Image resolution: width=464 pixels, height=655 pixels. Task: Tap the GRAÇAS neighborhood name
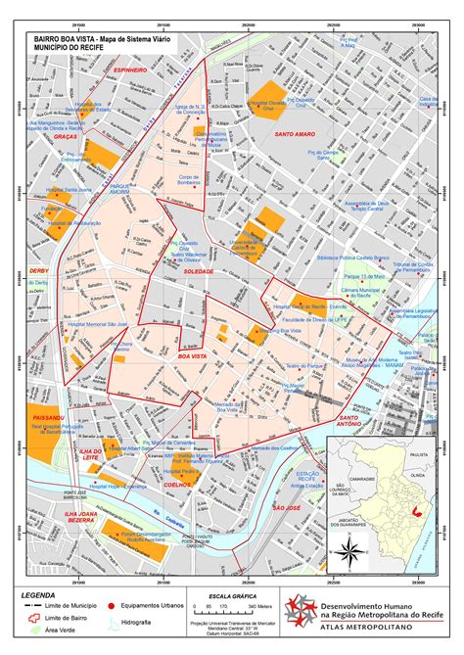point(67,137)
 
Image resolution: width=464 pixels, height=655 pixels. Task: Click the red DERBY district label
point(38,270)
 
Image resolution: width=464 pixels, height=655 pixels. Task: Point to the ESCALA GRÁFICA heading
point(224,595)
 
